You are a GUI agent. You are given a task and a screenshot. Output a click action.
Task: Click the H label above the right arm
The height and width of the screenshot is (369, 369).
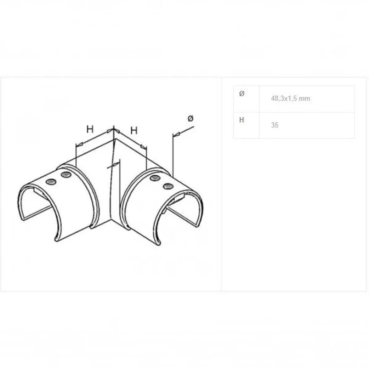[x=134, y=131]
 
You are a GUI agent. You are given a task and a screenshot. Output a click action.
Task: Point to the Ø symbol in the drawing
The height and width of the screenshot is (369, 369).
[x=191, y=118]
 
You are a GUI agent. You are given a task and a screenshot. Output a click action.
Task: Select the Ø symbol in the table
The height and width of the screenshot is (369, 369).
[x=242, y=94]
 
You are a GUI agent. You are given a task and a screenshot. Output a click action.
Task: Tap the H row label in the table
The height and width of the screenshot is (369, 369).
[x=241, y=120]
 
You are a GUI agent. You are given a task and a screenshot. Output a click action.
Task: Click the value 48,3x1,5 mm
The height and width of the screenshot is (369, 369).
[x=291, y=98]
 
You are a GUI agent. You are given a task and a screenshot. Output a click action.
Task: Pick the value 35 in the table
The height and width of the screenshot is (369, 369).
[x=275, y=125]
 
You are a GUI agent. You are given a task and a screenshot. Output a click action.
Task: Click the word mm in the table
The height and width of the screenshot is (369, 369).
[x=304, y=99]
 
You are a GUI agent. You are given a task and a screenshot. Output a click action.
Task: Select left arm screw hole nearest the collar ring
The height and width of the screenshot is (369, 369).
[x=66, y=174]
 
